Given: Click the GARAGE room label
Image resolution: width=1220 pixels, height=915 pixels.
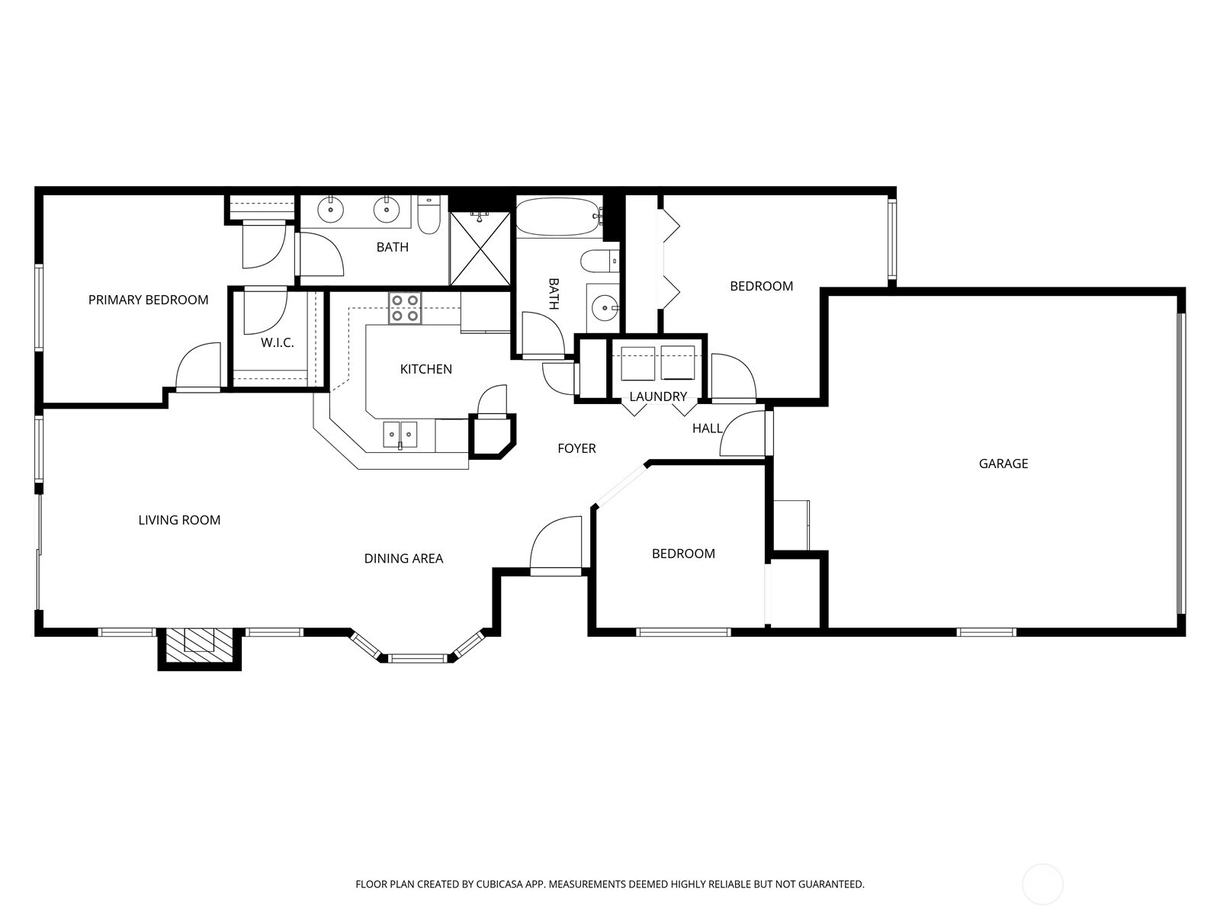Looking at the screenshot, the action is click(1003, 464).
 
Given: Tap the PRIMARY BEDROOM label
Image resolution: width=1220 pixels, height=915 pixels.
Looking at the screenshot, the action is click(149, 300).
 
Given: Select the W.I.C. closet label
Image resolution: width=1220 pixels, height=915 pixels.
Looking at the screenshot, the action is click(278, 343).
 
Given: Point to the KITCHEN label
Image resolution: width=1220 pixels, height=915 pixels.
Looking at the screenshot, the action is click(425, 369).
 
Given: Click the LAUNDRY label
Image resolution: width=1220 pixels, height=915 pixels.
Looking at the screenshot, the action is click(658, 396).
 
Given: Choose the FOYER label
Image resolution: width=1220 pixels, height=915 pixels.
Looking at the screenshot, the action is click(576, 448).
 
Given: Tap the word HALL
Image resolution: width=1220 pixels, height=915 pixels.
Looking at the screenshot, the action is click(707, 429).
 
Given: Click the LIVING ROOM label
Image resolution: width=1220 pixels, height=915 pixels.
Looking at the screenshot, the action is click(179, 520).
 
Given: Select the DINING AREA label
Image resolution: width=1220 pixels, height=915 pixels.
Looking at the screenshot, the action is click(403, 558).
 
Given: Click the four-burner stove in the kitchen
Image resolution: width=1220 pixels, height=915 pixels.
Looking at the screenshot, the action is click(405, 308).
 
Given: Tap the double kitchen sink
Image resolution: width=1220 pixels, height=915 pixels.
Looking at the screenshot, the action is click(400, 435).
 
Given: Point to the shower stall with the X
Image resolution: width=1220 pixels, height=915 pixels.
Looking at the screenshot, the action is click(480, 249).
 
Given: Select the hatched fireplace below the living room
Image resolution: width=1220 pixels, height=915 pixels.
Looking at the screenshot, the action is click(200, 645).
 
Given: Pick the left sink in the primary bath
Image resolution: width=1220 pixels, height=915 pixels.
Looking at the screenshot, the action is click(331, 210).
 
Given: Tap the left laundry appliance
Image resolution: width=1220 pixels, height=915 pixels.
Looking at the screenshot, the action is click(637, 364).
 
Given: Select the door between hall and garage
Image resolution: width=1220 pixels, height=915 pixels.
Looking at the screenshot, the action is click(743, 433).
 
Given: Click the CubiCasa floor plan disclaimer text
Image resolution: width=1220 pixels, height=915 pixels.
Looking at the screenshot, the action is click(610, 884).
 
